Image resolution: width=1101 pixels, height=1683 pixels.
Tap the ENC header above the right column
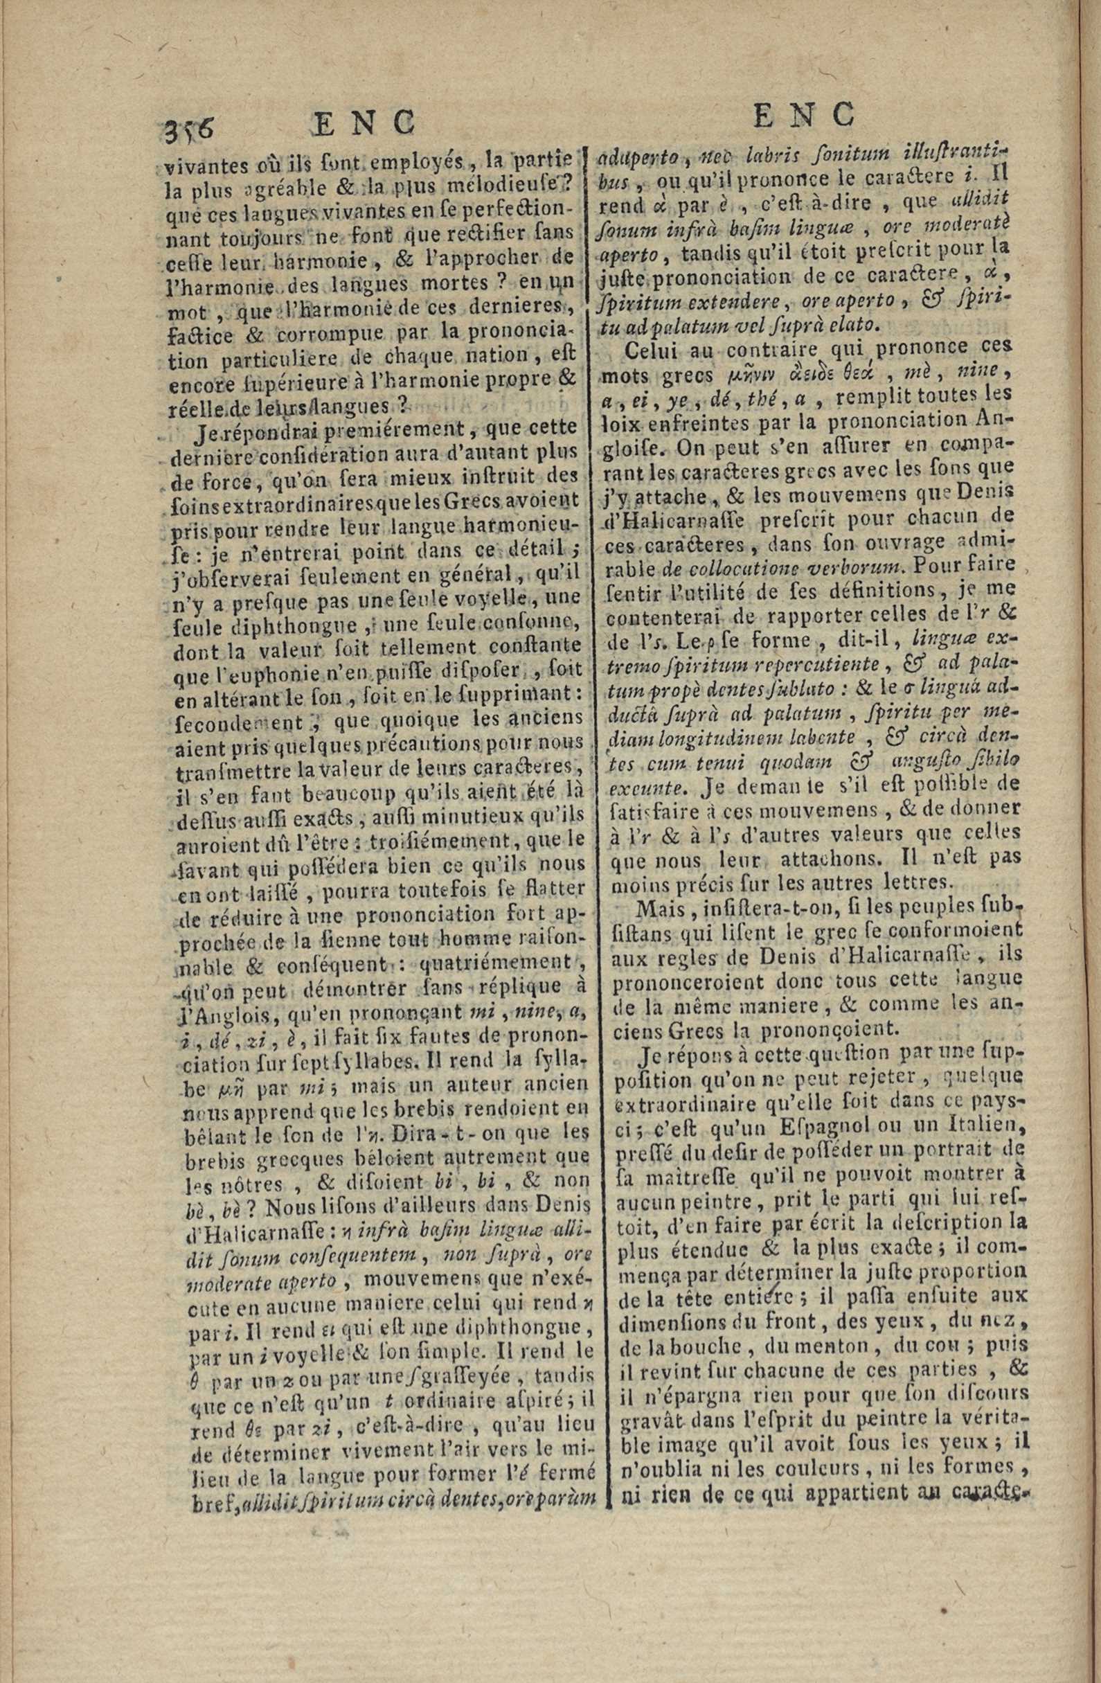[x=805, y=115]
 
